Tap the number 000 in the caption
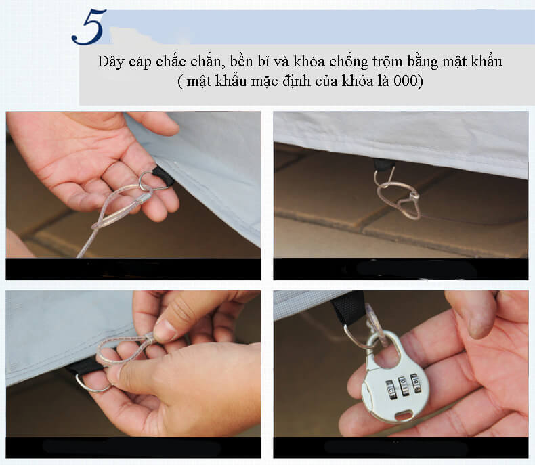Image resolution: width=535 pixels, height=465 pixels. tap(406, 81)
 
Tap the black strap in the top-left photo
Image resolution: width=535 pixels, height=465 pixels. tap(164, 175)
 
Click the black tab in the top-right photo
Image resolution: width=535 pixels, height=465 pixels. tap(384, 165)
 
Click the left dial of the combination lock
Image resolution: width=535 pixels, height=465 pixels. tap(391, 389)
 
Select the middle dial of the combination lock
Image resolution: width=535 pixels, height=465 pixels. tap(404, 385)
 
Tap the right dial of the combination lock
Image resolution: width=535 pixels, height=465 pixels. tap(415, 382)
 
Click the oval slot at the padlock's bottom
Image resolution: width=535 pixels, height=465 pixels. tap(405, 416)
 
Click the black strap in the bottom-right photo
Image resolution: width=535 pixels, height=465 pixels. tap(348, 309)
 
